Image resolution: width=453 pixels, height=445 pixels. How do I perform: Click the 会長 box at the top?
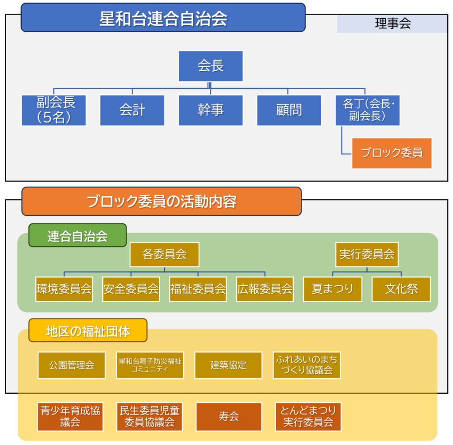coord(211,66)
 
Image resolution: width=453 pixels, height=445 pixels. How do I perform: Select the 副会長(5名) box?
coord(54,110)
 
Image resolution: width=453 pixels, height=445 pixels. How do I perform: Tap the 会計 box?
coord(132,110)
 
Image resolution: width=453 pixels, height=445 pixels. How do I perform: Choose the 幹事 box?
coord(211,110)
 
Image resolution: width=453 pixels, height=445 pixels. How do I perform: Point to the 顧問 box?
coord(289,110)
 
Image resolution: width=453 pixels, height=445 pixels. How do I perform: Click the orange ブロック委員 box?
coord(392,153)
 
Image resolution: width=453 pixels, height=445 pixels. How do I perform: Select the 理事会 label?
coord(392,24)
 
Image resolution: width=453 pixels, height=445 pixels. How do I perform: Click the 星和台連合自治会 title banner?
coord(163,18)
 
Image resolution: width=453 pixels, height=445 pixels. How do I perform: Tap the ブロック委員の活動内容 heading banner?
coord(161,201)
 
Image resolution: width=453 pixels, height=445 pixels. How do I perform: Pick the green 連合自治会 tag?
coord(77,236)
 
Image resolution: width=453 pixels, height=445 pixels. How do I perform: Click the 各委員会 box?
coord(164,254)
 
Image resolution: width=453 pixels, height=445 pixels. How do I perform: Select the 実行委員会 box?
coord(367,254)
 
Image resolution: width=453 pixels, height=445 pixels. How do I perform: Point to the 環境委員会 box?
coord(64,289)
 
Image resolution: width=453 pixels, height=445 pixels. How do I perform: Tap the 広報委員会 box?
coord(265,289)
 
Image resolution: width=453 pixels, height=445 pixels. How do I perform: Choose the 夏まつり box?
coord(333,289)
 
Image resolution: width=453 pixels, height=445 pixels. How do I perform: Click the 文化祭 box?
coord(401,289)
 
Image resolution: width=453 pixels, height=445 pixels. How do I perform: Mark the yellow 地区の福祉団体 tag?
coord(88,331)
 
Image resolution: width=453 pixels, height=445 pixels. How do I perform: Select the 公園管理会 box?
coord(72,365)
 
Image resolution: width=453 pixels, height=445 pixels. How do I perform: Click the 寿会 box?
coord(229,417)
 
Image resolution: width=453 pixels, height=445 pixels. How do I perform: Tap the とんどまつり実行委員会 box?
coord(308,417)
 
